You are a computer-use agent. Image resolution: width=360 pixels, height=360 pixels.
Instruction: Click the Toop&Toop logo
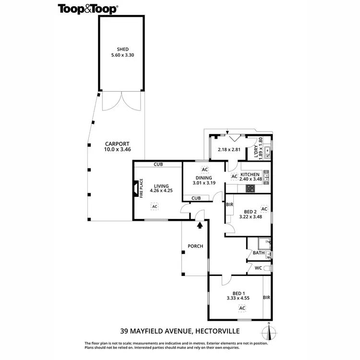(x=89, y=8)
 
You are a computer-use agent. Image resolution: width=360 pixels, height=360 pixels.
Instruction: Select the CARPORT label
(x=117, y=144)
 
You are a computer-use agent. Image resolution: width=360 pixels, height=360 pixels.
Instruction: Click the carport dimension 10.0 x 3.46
(x=117, y=150)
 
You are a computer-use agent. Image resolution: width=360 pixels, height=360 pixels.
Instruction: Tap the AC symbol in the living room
(x=154, y=206)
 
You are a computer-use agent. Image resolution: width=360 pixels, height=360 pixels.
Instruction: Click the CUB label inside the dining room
(x=196, y=198)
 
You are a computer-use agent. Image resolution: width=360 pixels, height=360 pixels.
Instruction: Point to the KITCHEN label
(x=250, y=174)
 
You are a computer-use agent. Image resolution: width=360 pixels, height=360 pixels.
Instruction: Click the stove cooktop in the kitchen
(x=251, y=188)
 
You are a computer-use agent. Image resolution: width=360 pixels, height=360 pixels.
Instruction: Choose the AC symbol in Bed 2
(x=264, y=209)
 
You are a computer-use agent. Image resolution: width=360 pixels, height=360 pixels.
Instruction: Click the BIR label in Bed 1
(x=266, y=298)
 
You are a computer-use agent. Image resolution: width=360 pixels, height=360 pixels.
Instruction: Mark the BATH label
(x=259, y=253)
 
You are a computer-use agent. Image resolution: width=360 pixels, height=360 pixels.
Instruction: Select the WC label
(x=258, y=268)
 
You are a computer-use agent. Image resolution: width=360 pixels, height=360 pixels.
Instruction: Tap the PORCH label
(x=196, y=246)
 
